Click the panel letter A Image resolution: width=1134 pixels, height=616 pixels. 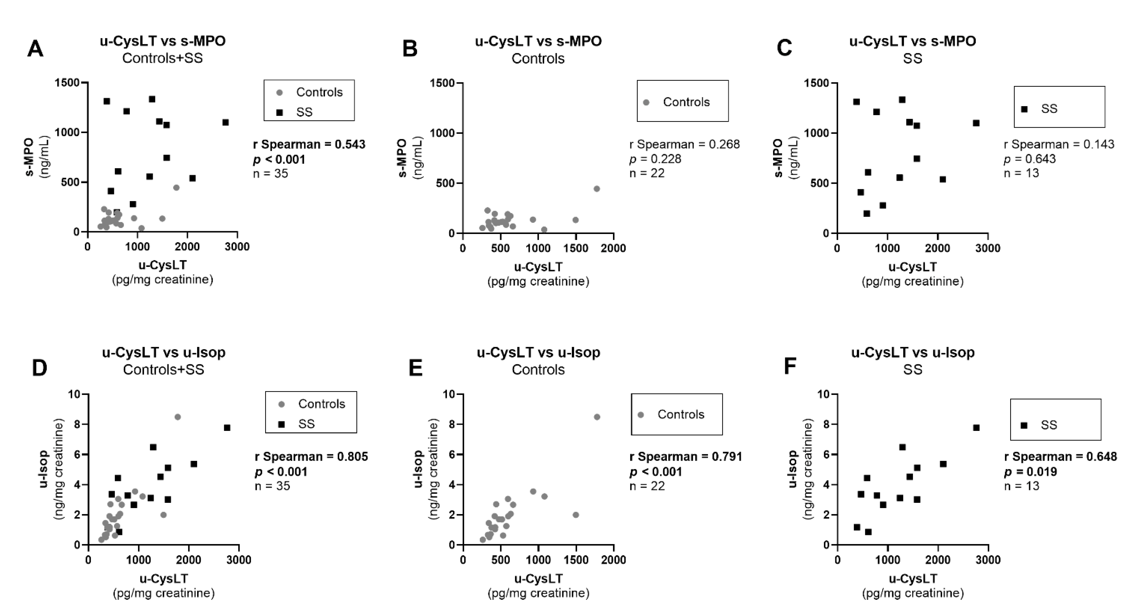coord(35,48)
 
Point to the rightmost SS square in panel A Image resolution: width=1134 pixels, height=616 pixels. coord(225,122)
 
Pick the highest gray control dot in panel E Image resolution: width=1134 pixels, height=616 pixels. coord(597,417)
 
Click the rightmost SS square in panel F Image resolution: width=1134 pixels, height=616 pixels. coord(976,428)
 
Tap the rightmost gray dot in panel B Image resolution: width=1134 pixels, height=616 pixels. coord(597,189)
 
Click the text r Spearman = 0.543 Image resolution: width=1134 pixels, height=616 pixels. coord(309,144)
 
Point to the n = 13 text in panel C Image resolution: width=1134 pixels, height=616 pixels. coord(1021,173)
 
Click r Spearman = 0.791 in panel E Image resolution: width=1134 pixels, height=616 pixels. coord(685,457)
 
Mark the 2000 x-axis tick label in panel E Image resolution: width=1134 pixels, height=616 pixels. coord(613,560)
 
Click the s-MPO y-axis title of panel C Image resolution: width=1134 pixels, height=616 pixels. coord(778,158)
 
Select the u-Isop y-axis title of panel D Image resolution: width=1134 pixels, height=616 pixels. coord(43,469)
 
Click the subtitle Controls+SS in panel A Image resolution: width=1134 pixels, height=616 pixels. coord(163,58)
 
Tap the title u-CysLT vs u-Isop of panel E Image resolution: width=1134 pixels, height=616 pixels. coord(538,352)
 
